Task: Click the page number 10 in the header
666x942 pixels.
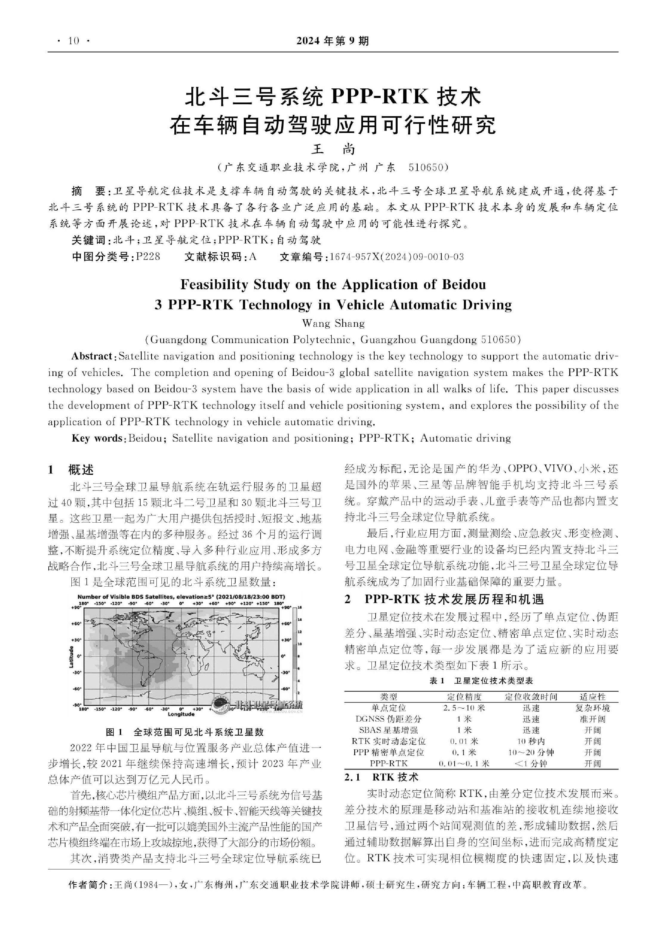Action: (x=74, y=41)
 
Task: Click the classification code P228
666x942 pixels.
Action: (x=148, y=257)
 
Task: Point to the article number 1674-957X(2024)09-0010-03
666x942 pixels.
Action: (x=396, y=257)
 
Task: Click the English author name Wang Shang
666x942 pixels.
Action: (x=333, y=323)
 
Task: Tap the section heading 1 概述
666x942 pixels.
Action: (x=71, y=470)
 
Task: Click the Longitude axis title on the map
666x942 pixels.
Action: (x=181, y=714)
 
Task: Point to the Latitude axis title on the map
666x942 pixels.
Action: (x=71, y=656)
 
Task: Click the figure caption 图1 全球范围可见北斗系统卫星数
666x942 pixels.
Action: (x=184, y=732)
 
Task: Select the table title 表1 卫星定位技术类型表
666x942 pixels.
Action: (x=481, y=681)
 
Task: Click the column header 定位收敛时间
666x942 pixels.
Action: (x=531, y=697)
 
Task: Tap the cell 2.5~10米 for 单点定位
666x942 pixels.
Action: (x=464, y=708)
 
